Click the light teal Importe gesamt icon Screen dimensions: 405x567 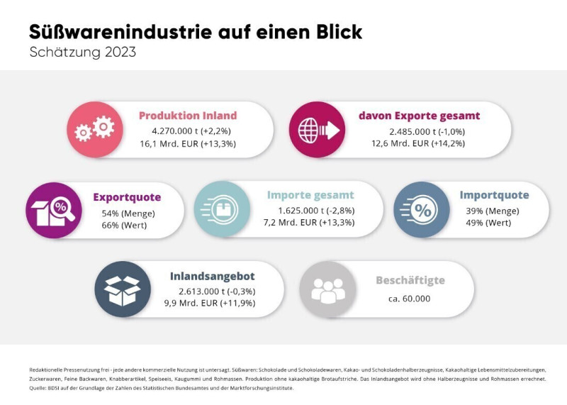(x=222, y=209)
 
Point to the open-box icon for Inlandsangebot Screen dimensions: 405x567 (x=123, y=289)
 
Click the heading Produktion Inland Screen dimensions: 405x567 (x=188, y=116)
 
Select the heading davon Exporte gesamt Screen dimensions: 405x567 (x=420, y=116)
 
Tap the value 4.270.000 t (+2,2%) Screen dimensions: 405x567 (x=187, y=131)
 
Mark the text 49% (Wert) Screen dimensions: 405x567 (x=488, y=223)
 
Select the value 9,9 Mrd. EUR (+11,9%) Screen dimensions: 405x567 (x=212, y=303)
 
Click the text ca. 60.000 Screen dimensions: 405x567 (x=409, y=298)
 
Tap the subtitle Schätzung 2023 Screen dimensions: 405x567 (x=83, y=52)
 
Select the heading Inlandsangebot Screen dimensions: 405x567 (x=212, y=276)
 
